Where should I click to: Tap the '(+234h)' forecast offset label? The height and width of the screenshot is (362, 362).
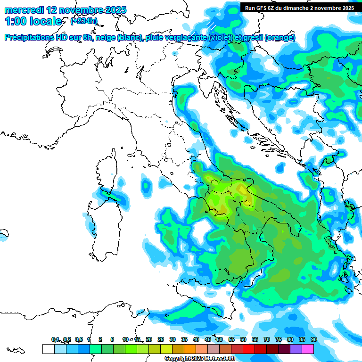pyautogui.click(x=84, y=21)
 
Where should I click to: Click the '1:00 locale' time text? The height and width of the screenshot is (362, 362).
pyautogui.click(x=33, y=21)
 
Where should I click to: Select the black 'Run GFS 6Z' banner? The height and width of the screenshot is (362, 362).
pyautogui.click(x=299, y=8)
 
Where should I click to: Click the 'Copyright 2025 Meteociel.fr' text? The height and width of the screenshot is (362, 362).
pyautogui.click(x=200, y=359)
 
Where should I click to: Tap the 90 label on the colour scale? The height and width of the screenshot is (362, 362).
pyautogui.click(x=313, y=339)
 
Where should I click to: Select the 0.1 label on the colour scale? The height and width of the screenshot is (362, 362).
pyautogui.click(x=55, y=339)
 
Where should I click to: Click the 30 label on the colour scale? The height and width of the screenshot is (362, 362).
pyautogui.click(x=173, y=339)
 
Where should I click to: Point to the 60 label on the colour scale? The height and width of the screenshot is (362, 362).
pyautogui.click(x=243, y=339)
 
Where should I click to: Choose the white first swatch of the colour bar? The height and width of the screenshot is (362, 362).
pyautogui.click(x=48, y=349)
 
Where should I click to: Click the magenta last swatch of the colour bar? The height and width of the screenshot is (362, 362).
pyautogui.click(x=308, y=349)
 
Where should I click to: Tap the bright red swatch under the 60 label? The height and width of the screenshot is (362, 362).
pyautogui.click(x=249, y=349)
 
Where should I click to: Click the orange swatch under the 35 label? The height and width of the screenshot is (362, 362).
pyautogui.click(x=190, y=349)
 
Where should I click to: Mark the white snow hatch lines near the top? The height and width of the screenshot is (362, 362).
pyautogui.click(x=212, y=26)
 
